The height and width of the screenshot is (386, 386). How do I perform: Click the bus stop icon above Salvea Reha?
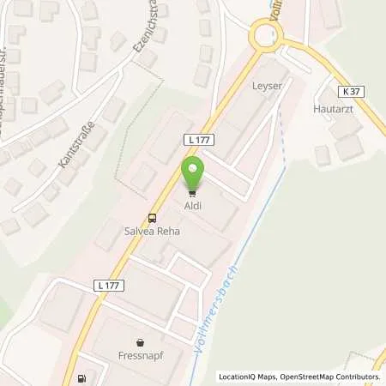[152, 219]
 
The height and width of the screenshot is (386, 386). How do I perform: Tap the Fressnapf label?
[142, 351]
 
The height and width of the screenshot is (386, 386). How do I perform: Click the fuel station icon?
[82, 377]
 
